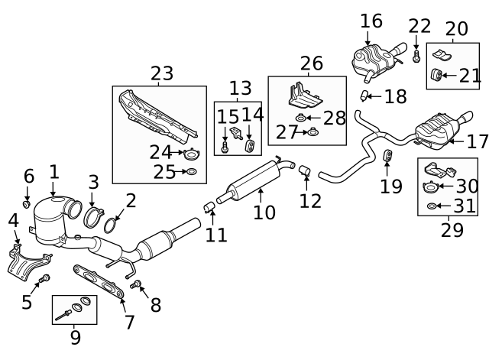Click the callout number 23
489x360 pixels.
coord(162,73)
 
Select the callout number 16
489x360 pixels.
coord(371,21)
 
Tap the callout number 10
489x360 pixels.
coord(264,212)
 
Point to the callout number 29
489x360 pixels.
coord(452,229)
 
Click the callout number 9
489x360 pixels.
coord(75,336)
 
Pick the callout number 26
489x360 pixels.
coord(311,63)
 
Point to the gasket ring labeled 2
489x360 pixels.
coord(111,225)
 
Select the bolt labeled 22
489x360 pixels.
coord(416,57)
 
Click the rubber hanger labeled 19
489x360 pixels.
coord(387,157)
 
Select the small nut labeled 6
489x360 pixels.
coord(27,204)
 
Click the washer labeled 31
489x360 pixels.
coord(432,206)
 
